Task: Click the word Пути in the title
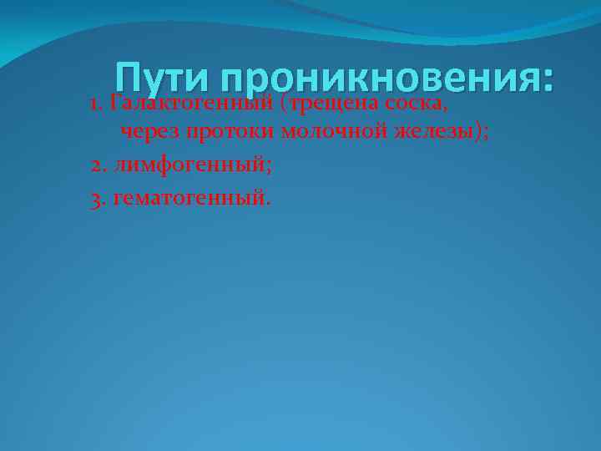164,79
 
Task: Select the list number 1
95,104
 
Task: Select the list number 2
97,164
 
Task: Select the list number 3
97,199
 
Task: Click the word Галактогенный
192,104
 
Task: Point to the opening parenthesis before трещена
285,104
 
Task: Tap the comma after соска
440,109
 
